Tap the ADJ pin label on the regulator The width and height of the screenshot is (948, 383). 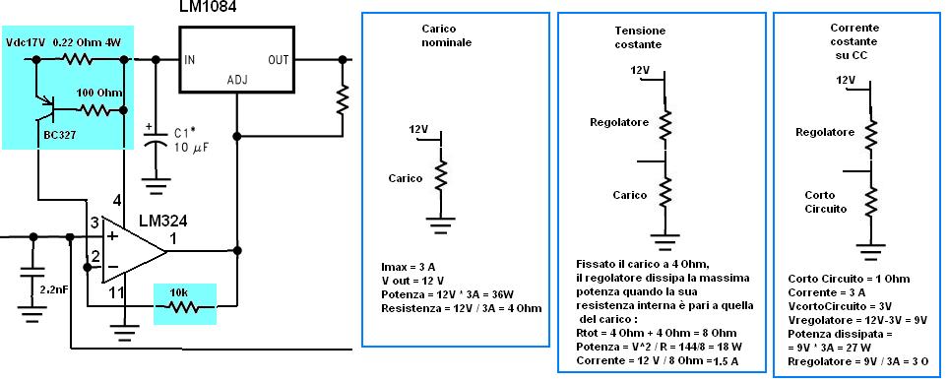[237, 80]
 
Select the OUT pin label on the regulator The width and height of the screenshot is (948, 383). [279, 59]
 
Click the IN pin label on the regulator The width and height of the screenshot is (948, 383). [189, 59]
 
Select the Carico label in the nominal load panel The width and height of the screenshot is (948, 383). [406, 178]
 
